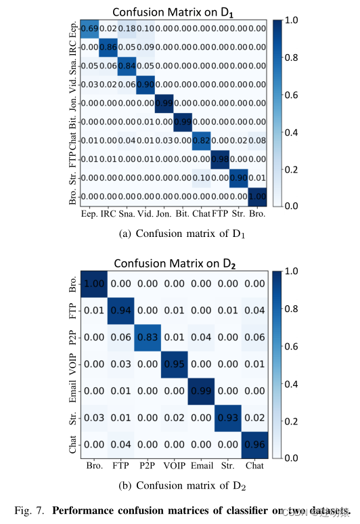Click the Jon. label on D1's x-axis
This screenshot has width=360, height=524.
[164, 213]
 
